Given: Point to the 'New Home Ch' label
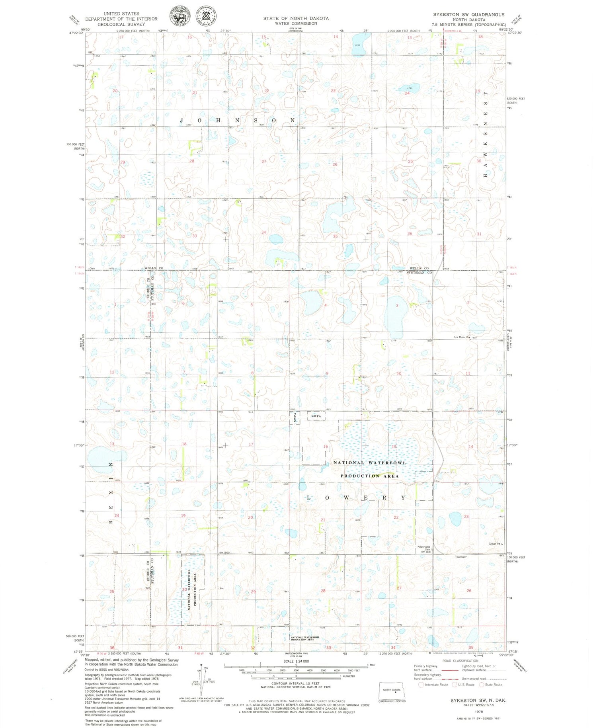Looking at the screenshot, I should pos(461,337).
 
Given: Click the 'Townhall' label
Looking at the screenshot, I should pos(460,557).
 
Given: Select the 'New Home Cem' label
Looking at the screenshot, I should pos(424,548).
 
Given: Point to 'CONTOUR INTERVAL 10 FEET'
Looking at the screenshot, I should pos(295,683).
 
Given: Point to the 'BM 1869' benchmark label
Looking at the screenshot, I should pos(225,553).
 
